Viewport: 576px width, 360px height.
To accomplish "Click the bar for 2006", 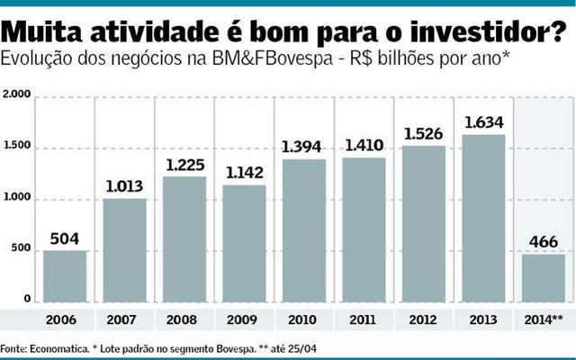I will (65, 277).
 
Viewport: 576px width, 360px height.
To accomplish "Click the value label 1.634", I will (486, 121).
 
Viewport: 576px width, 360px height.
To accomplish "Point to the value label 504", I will (65, 238).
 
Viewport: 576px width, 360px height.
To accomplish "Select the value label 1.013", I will (125, 186).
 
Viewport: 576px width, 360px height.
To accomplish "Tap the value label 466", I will (544, 242).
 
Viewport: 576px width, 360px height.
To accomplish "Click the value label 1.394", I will (305, 146).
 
